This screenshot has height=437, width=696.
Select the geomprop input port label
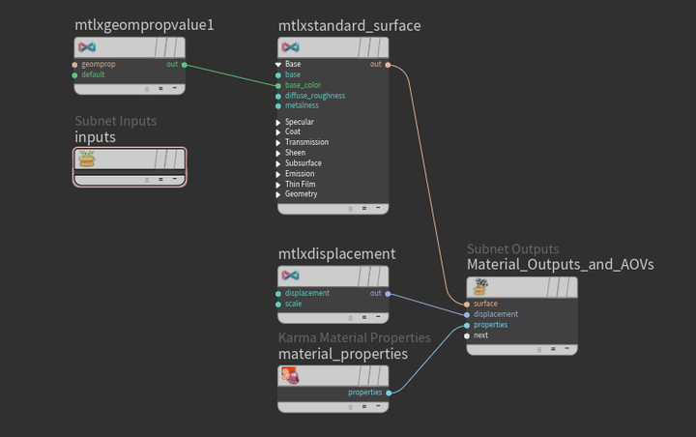[99, 65]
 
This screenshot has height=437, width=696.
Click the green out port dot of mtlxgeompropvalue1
[184, 65]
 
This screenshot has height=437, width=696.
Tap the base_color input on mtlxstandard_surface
[304, 85]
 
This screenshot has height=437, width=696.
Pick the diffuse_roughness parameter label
[315, 96]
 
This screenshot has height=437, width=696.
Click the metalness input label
[303, 105]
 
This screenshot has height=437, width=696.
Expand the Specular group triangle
[277, 123]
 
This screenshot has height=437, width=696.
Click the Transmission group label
[307, 143]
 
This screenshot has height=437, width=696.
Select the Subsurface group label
[304, 163]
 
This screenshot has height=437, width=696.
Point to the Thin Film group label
[302, 184]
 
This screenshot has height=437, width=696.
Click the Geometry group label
[301, 194]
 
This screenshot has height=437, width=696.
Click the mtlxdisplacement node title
[336, 254]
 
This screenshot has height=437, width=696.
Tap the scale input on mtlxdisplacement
[294, 304]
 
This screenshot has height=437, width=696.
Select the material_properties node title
[342, 354]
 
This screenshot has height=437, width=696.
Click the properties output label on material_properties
[365, 393]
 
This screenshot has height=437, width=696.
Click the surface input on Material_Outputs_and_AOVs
[485, 304]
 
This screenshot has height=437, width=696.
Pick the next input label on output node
[480, 335]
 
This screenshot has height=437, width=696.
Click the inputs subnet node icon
[88, 159]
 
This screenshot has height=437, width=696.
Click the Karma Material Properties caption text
[354, 337]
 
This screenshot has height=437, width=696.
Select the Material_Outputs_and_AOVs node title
[561, 264]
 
